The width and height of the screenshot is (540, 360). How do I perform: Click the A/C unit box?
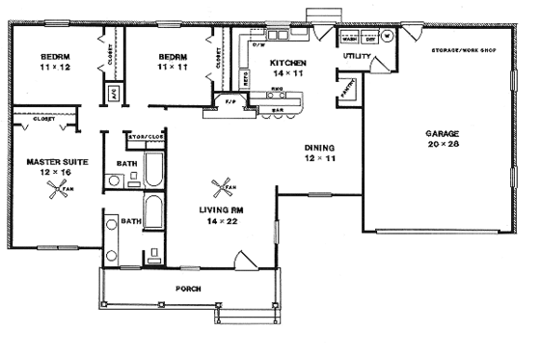coord(112,97)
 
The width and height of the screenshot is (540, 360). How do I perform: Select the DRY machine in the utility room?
coord(367,40)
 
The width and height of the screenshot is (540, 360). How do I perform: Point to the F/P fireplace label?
coord(230,101)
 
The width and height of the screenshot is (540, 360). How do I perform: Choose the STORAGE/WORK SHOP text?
coord(456,48)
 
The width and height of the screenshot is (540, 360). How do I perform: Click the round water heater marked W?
coord(387,39)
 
